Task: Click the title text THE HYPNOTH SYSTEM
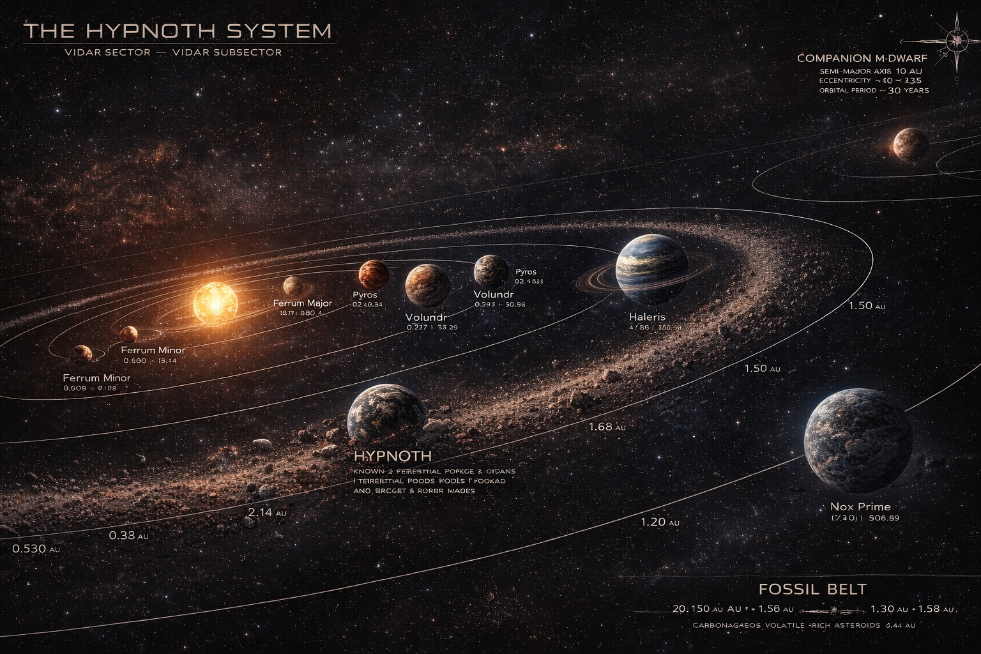[x=178, y=31]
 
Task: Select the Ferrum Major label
[x=302, y=303]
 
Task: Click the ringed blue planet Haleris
[x=651, y=268]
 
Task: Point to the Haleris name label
[x=647, y=317]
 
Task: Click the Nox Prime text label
[x=860, y=507]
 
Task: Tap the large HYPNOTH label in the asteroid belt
[x=392, y=456]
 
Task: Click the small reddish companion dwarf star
[x=911, y=144]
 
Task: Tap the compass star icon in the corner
[x=957, y=40]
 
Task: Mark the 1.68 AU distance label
[x=607, y=427]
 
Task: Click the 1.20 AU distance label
[x=660, y=522]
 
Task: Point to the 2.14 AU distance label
[x=266, y=512]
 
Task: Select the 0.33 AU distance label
[x=128, y=535]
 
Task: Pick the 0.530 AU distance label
[x=36, y=549]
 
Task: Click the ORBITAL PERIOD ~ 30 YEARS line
[x=874, y=91]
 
